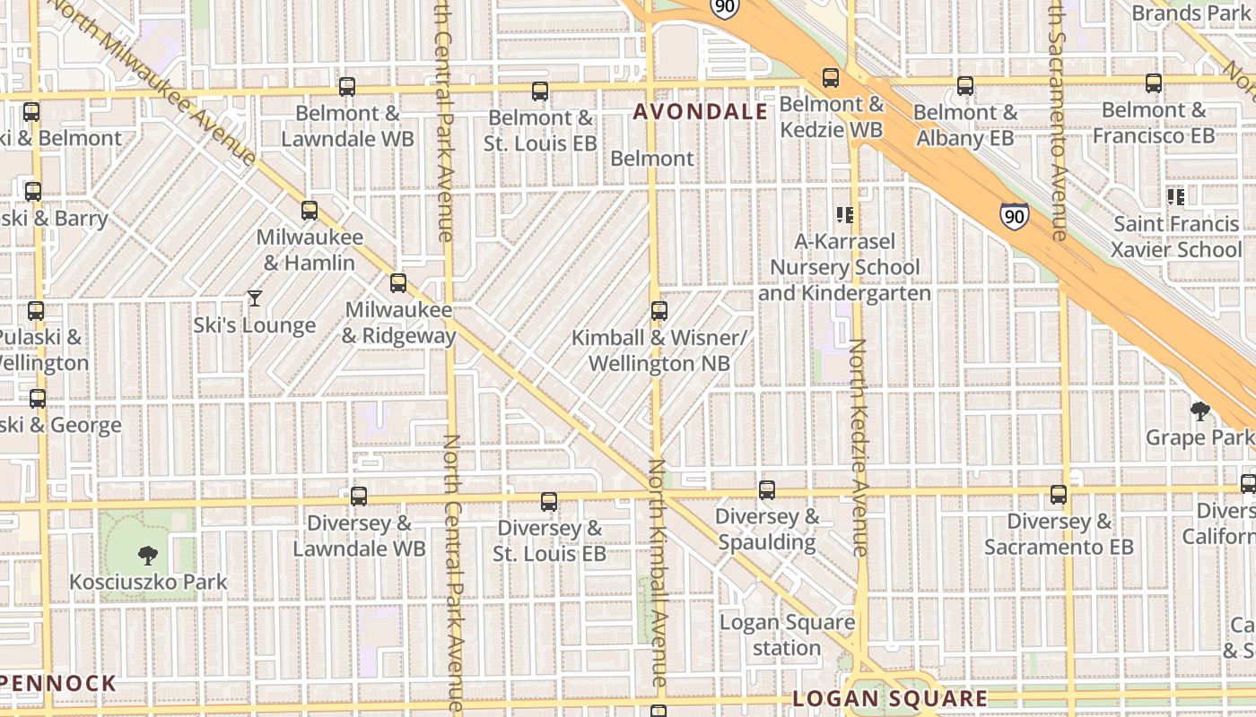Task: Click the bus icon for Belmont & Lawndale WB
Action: click(x=347, y=87)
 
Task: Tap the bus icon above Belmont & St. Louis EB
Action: click(x=540, y=91)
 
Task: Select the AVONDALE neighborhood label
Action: click(x=701, y=112)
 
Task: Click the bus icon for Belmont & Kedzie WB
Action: click(x=831, y=78)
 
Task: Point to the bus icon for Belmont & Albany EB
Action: click(x=965, y=86)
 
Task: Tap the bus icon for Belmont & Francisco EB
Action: click(x=1154, y=83)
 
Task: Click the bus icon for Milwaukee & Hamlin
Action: click(x=310, y=211)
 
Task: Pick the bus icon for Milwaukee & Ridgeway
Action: click(x=398, y=283)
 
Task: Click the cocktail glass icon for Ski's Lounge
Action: click(x=255, y=298)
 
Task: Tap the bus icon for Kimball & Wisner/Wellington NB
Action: click(x=659, y=311)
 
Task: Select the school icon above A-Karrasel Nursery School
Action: click(x=844, y=214)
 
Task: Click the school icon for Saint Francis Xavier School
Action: click(x=1175, y=196)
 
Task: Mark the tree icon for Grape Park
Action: click(x=1199, y=411)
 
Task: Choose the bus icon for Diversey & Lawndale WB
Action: click(x=359, y=496)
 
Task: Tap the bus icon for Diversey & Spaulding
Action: click(x=767, y=490)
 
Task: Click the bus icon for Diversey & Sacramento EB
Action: click(x=1059, y=495)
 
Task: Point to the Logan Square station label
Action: click(x=787, y=635)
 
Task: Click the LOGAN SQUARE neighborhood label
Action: click(x=891, y=699)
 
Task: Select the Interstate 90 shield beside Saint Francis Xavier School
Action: click(x=1014, y=216)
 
